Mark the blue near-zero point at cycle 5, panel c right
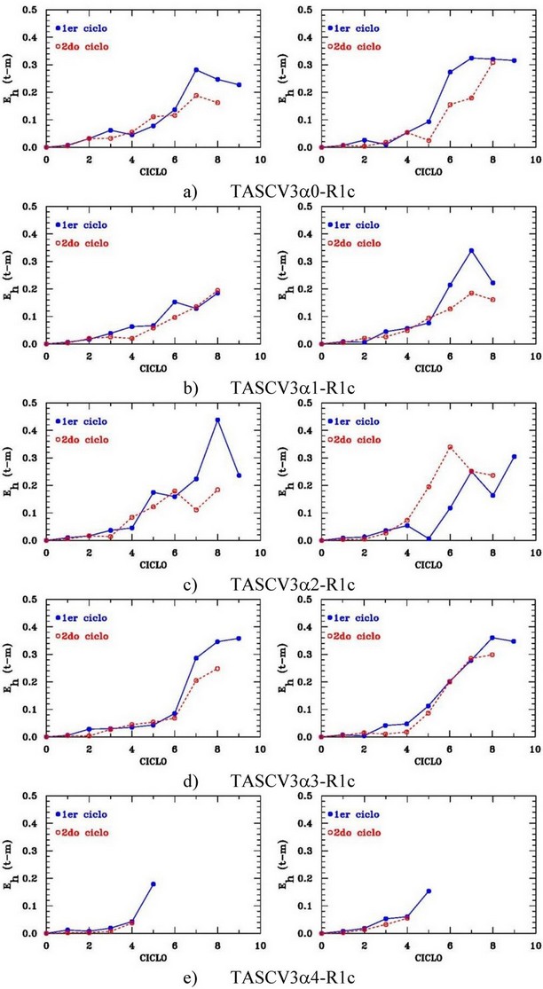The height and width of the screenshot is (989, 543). coord(429,538)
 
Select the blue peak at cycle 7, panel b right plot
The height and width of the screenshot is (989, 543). coord(472,250)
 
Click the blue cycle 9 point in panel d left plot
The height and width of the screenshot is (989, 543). coord(239,639)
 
